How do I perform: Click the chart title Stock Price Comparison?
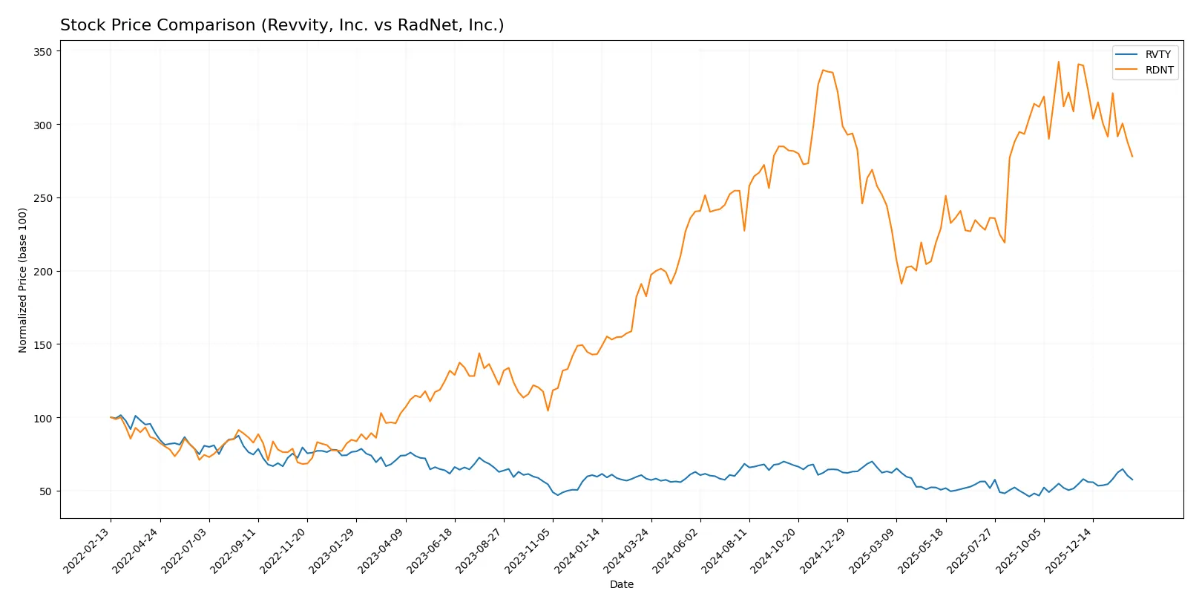[282, 25]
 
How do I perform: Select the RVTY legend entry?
[1157, 54]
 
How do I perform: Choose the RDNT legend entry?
[1158, 70]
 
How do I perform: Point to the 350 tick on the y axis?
[42, 52]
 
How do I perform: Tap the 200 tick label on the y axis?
[42, 272]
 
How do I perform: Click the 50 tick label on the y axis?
[45, 491]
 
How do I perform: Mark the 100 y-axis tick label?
[42, 418]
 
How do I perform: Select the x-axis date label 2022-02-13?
[88, 550]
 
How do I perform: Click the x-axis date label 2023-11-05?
[530, 550]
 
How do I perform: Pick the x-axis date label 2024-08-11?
[726, 550]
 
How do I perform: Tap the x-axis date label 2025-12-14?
[1070, 550]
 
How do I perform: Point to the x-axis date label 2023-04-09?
[382, 550]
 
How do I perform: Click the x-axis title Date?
[621, 584]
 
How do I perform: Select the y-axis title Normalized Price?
[23, 280]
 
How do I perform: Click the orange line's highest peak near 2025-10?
[1059, 62]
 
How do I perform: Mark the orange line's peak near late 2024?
[823, 71]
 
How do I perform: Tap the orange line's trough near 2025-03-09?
[902, 284]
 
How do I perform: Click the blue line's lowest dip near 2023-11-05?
[558, 495]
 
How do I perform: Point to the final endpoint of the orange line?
[1132, 157]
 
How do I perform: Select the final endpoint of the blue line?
[1132, 480]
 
